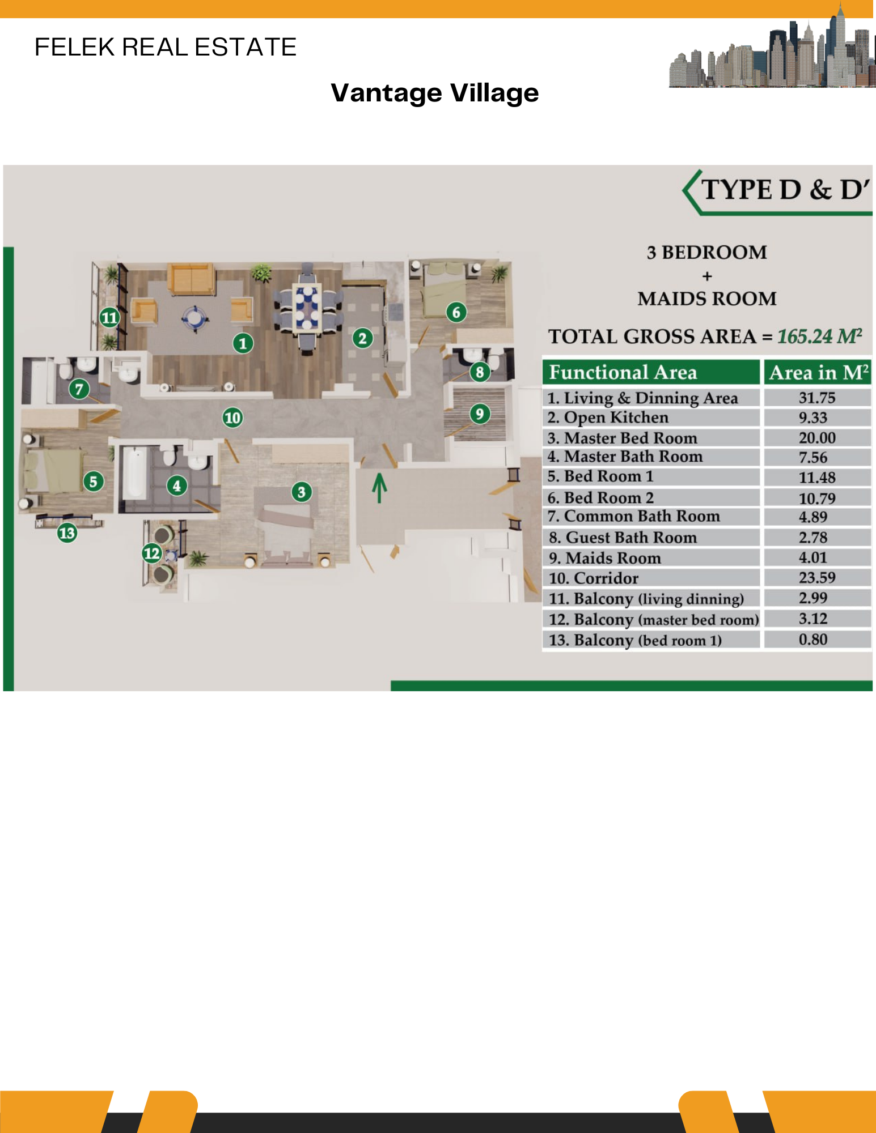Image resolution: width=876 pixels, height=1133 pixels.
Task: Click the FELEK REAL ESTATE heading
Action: coord(165,47)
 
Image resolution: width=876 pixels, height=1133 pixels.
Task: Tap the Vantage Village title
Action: coord(434,93)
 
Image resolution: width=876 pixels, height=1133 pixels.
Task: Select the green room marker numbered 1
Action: coord(243,343)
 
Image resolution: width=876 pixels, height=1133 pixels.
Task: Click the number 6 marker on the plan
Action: coord(456,312)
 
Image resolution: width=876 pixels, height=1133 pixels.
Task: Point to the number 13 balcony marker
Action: coord(67,533)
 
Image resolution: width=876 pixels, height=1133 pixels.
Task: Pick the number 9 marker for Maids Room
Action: coord(480,414)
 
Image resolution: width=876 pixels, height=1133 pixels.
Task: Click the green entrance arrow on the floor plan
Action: coord(379,488)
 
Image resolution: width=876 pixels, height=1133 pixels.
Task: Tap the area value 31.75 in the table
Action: coord(816,398)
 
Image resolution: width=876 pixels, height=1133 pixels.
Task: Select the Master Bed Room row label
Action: coord(630,438)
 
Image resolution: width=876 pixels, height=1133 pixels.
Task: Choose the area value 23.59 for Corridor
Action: coord(816,578)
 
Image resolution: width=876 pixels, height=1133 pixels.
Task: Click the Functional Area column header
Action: coord(623,372)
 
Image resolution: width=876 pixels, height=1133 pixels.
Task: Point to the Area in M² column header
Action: coord(818,372)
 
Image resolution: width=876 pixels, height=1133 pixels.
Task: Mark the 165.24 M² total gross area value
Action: coord(819,337)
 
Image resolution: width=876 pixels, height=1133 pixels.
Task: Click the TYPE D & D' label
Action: coord(785,190)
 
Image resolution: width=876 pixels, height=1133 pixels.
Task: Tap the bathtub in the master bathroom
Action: coord(134,473)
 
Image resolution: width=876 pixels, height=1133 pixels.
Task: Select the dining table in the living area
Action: coord(307,308)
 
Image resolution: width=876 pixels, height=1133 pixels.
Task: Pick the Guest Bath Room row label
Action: coord(631,538)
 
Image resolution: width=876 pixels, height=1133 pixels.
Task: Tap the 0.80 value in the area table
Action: coord(813,640)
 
